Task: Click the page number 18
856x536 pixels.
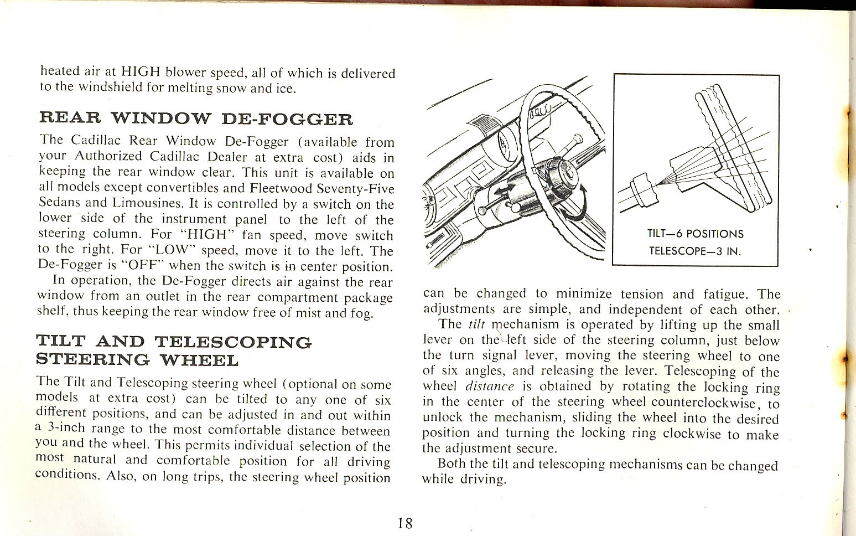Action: [404, 522]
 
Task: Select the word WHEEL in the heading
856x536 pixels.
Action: [199, 360]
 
